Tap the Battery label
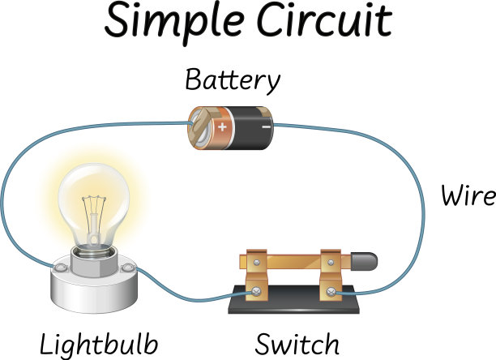coord(232,80)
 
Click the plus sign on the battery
coord(222,116)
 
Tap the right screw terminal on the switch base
coord(331,289)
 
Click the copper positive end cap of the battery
coord(198,126)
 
